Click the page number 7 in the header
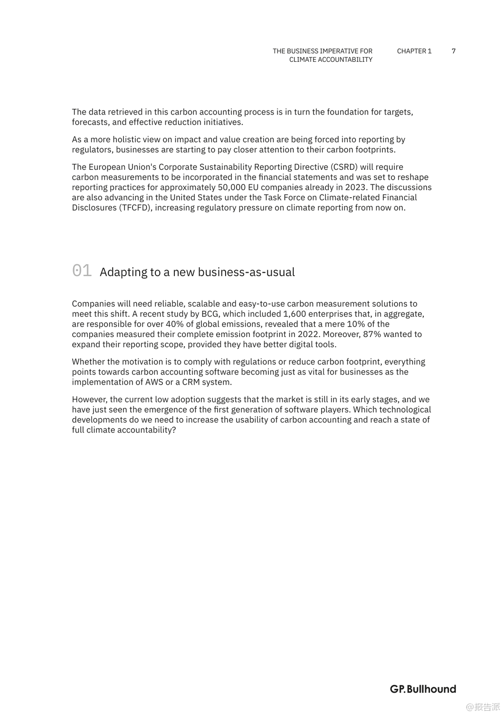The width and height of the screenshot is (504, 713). [454, 51]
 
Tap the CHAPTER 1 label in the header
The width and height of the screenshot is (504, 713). [414, 51]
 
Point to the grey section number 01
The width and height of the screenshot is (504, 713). [82, 270]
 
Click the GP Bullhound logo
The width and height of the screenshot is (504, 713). [423, 689]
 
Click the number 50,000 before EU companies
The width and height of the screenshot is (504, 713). [231, 187]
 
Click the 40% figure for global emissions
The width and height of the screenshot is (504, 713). [175, 324]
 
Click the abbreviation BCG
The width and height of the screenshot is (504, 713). [210, 314]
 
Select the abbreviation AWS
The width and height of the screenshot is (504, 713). [154, 382]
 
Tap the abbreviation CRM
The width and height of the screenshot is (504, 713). [191, 382]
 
